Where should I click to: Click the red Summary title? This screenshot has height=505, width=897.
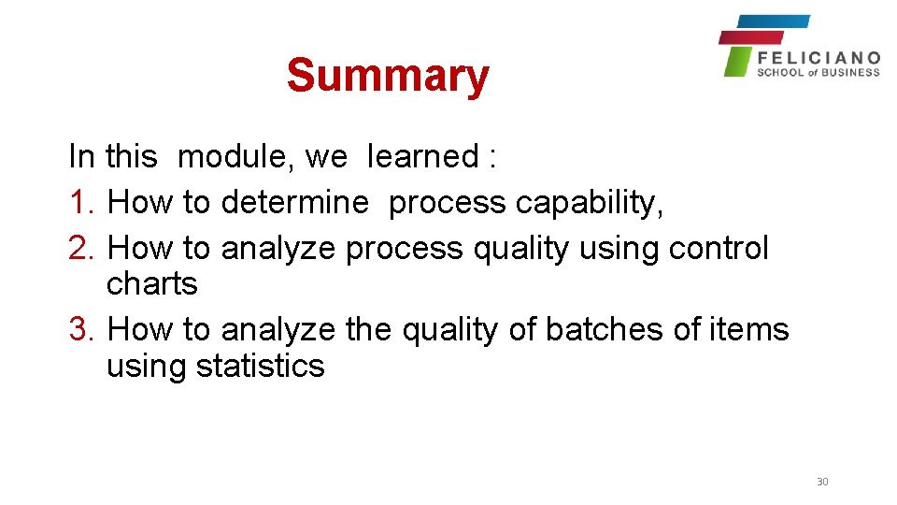click(x=388, y=76)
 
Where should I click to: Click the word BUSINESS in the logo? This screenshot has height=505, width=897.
click(x=851, y=72)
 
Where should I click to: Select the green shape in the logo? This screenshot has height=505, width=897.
click(x=738, y=62)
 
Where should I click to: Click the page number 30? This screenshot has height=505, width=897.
click(x=822, y=482)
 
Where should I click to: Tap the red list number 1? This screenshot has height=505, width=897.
click(x=81, y=202)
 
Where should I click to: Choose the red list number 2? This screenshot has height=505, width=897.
click(x=81, y=248)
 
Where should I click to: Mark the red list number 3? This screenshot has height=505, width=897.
click(x=81, y=329)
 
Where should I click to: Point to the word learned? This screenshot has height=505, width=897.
click(x=423, y=156)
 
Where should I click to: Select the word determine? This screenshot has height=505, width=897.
click(x=294, y=202)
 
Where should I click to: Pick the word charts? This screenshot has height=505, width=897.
click(x=152, y=283)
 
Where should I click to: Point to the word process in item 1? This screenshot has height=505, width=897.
click(x=448, y=202)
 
